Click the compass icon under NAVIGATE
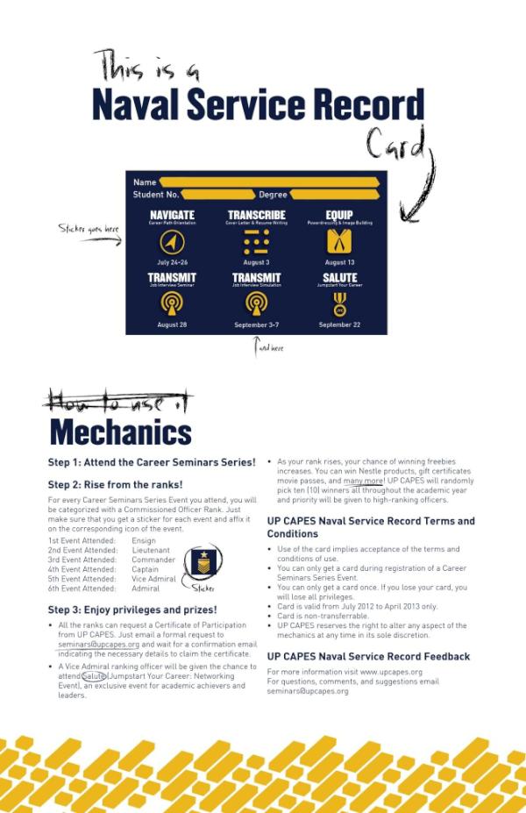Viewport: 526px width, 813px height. point(172,242)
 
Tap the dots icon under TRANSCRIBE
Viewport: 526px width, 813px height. point(256,242)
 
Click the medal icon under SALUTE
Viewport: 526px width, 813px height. point(339,303)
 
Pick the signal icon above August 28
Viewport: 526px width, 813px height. point(172,303)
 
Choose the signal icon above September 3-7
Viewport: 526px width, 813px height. point(256,303)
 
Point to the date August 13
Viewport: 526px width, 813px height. point(339,262)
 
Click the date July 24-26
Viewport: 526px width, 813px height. point(172,262)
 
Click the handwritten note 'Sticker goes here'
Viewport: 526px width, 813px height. point(89,230)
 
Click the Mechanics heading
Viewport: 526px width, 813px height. point(120,432)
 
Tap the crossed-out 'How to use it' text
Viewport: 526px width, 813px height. point(121,403)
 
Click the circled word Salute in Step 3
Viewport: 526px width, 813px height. point(94,676)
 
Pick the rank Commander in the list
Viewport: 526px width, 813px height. point(153,560)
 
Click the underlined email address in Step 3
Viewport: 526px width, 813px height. point(93,644)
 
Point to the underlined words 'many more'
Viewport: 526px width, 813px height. point(363,481)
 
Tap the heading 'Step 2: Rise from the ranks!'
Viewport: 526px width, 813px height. point(115,484)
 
